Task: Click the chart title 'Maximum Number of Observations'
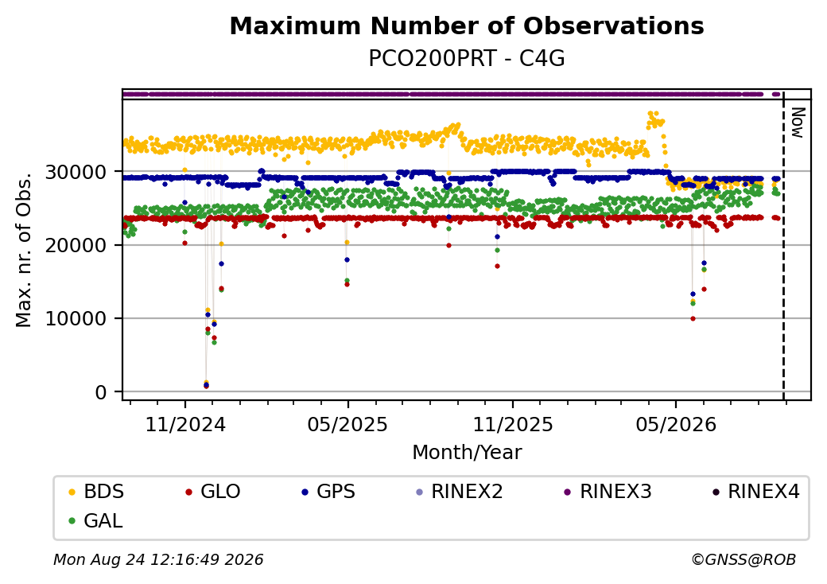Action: coord(467,25)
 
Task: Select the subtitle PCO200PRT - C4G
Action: coord(467,58)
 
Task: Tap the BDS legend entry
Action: coord(96,491)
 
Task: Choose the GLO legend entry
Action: coord(212,491)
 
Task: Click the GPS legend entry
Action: coord(328,491)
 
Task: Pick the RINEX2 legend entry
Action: coord(459,491)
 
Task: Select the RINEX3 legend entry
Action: coord(608,491)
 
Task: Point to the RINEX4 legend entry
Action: coord(755,491)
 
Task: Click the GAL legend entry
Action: coord(95,520)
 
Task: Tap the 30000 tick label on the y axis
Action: coord(76,172)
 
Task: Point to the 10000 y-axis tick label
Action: coord(76,318)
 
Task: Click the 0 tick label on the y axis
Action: coord(101,392)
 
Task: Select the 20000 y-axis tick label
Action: coord(76,245)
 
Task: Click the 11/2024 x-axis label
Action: coord(185,424)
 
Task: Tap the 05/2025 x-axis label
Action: coord(347,424)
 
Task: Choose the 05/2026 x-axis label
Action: coord(676,424)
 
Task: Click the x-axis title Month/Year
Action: coord(467,452)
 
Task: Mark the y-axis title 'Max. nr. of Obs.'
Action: coord(24,249)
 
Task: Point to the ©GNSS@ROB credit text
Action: coord(744,559)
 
